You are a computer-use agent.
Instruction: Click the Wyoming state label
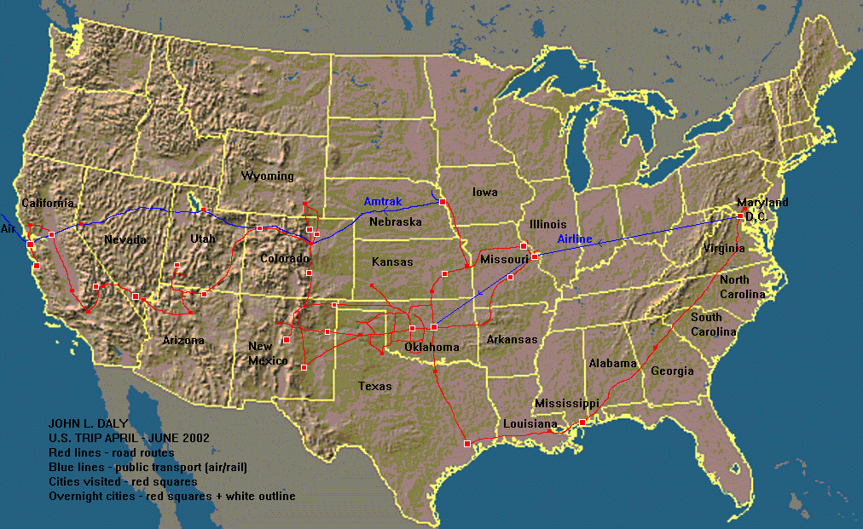tap(267, 176)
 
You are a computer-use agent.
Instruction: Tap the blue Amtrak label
tap(382, 202)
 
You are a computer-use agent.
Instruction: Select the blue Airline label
tap(575, 239)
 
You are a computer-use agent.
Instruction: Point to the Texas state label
tap(375, 386)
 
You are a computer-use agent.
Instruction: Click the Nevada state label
tap(126, 239)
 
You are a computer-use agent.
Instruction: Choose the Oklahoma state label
tap(432, 347)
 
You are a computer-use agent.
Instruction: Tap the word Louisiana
tap(530, 423)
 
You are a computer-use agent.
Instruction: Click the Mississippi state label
tap(566, 403)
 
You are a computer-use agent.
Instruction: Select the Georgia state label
tap(672, 371)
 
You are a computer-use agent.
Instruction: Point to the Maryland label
tap(762, 203)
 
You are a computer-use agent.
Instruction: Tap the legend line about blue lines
tap(148, 467)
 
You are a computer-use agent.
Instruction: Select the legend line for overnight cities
tap(172, 496)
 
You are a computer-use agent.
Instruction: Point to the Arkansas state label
tap(512, 340)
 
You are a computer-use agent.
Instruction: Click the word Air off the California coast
tap(9, 229)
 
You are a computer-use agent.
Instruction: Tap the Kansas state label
tap(392, 262)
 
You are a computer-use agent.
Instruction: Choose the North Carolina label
tap(741, 287)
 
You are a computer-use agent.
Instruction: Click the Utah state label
tap(202, 239)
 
